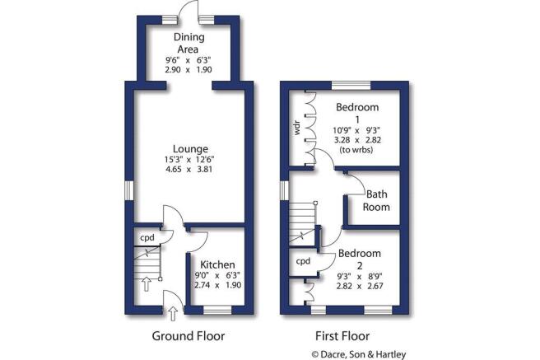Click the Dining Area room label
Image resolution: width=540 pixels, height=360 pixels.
[189, 43]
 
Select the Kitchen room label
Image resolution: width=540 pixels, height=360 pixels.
[216, 264]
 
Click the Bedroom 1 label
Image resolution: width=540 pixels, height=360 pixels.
[357, 114]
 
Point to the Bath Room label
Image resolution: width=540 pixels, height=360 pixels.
[377, 201]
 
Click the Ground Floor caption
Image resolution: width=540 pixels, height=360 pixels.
[189, 336]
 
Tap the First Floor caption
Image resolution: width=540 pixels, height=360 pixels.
[342, 336]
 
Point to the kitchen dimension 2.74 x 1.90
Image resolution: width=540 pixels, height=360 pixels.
[216, 285]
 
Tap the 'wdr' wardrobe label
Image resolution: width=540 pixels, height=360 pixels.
[297, 129]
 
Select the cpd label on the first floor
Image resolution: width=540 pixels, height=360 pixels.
[303, 261]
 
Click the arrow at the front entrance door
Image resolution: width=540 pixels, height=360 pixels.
[173, 311]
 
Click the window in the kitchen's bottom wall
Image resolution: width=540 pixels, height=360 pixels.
[216, 311]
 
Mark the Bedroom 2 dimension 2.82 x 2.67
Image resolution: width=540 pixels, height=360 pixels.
[359, 288]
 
